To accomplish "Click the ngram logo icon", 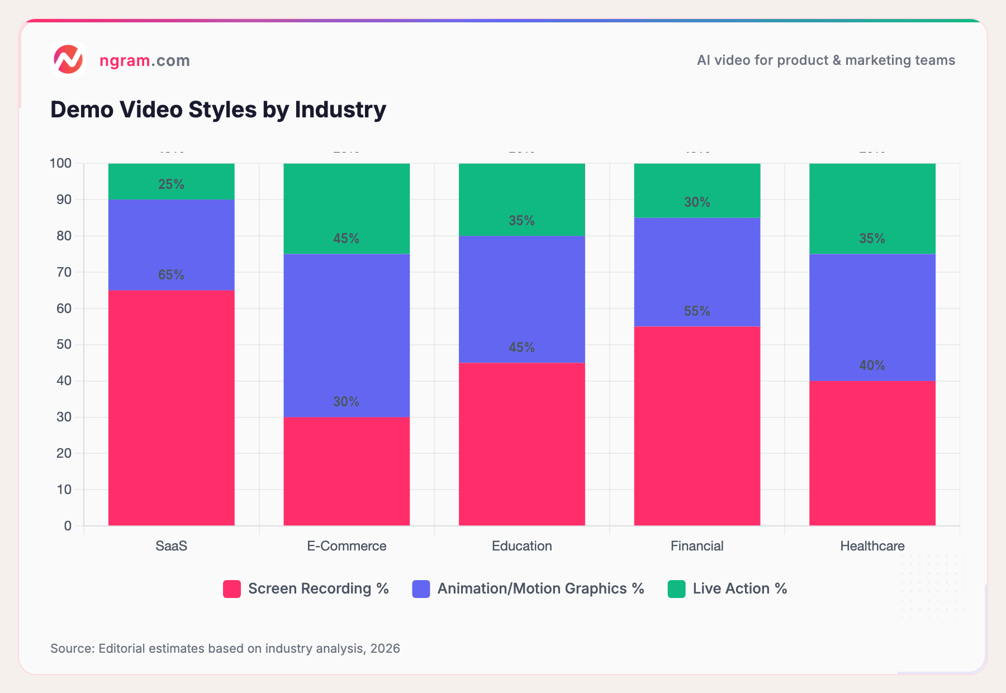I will [x=68, y=59].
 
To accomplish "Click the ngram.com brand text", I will [x=144, y=60].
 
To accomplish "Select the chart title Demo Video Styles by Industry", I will [x=218, y=110].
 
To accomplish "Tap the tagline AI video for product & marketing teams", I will [x=825, y=60].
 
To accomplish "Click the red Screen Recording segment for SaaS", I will [x=171, y=408].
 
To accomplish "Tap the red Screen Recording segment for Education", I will [x=521, y=444].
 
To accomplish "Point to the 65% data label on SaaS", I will [x=171, y=275].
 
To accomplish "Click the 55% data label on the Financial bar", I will [x=697, y=311].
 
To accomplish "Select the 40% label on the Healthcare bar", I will [x=872, y=366].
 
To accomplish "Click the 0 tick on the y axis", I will [x=68, y=526].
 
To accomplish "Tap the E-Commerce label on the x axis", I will [x=347, y=546].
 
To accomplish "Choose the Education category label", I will [x=521, y=546].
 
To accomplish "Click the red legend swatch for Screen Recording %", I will [x=232, y=589].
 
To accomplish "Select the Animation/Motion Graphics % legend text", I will [x=540, y=588].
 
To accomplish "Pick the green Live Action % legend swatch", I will [x=676, y=589].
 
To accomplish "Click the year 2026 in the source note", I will [x=385, y=648].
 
